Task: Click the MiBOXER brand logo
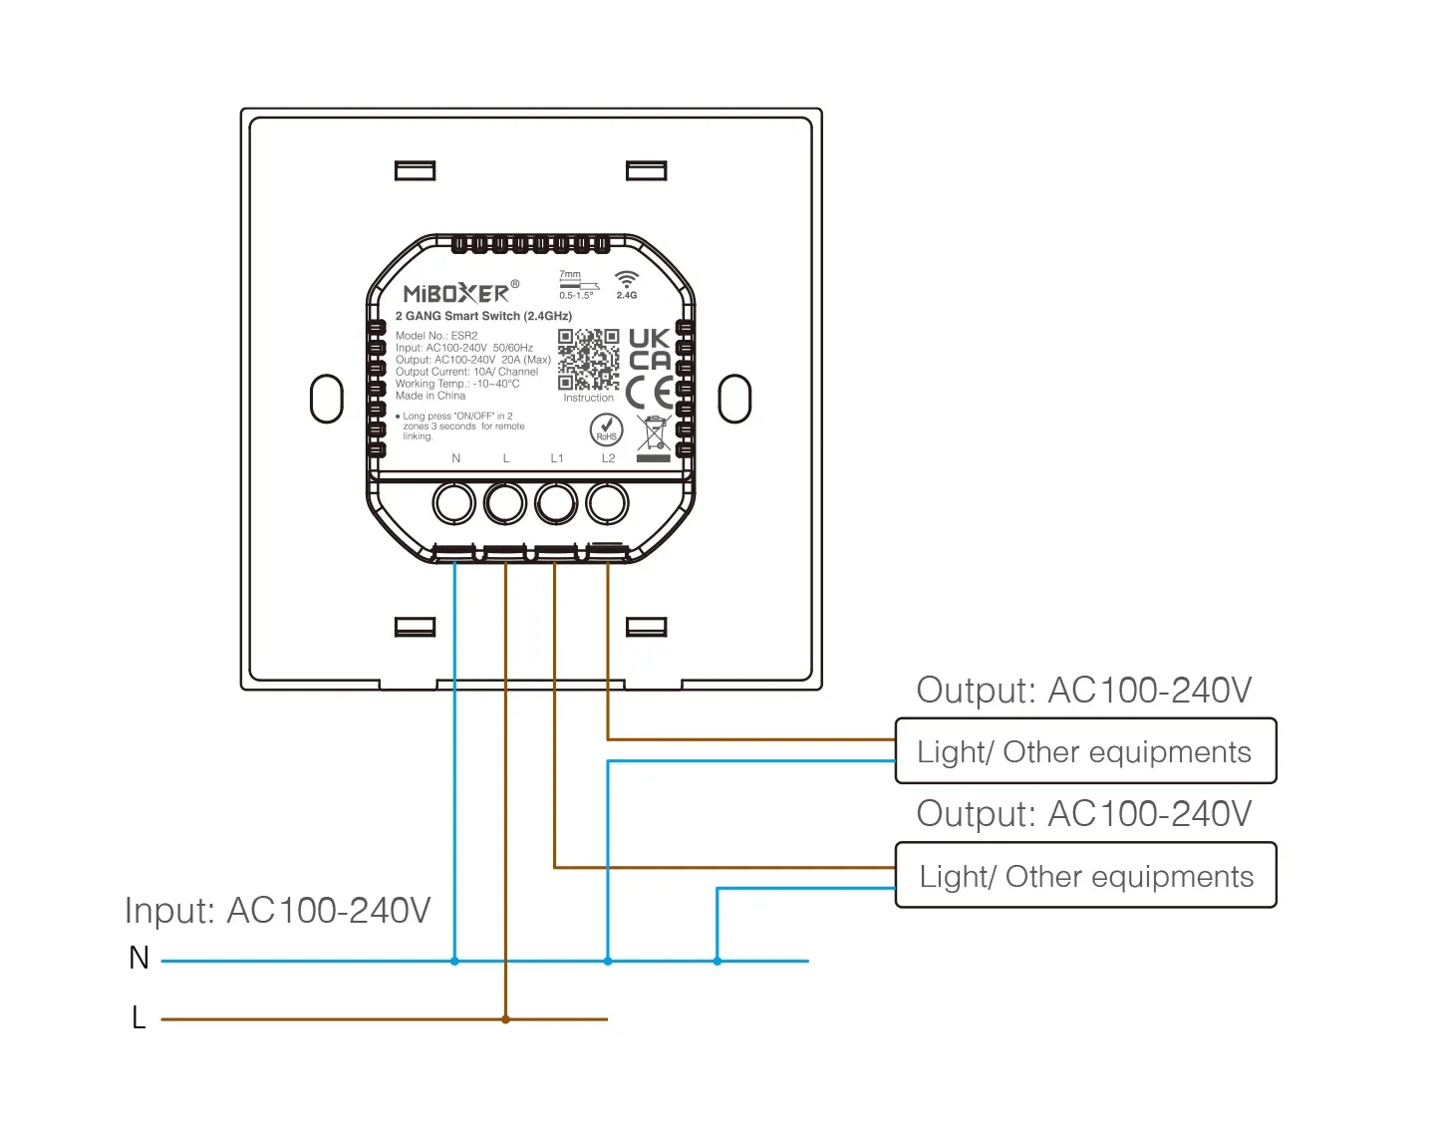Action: tap(456, 293)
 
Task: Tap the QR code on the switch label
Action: tap(588, 360)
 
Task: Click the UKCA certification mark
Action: tap(650, 350)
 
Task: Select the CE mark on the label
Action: tap(650, 394)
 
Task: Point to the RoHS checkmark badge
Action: tap(606, 429)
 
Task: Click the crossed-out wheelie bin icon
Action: tap(653, 435)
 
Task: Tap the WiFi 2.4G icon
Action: tap(626, 283)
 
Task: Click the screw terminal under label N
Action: tap(454, 503)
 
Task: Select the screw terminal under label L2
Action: tap(607, 503)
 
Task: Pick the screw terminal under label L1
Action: tap(556, 503)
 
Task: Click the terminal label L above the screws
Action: tap(506, 458)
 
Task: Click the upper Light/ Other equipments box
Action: tap(1084, 751)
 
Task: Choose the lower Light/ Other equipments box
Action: tap(1084, 876)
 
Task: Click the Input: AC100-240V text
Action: tap(277, 910)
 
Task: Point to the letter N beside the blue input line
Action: tap(139, 958)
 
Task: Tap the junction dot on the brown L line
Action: tap(506, 1019)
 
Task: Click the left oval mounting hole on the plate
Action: tap(326, 399)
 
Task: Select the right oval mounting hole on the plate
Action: tap(734, 399)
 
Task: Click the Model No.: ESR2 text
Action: tap(436, 336)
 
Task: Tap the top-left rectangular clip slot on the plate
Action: tap(415, 170)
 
